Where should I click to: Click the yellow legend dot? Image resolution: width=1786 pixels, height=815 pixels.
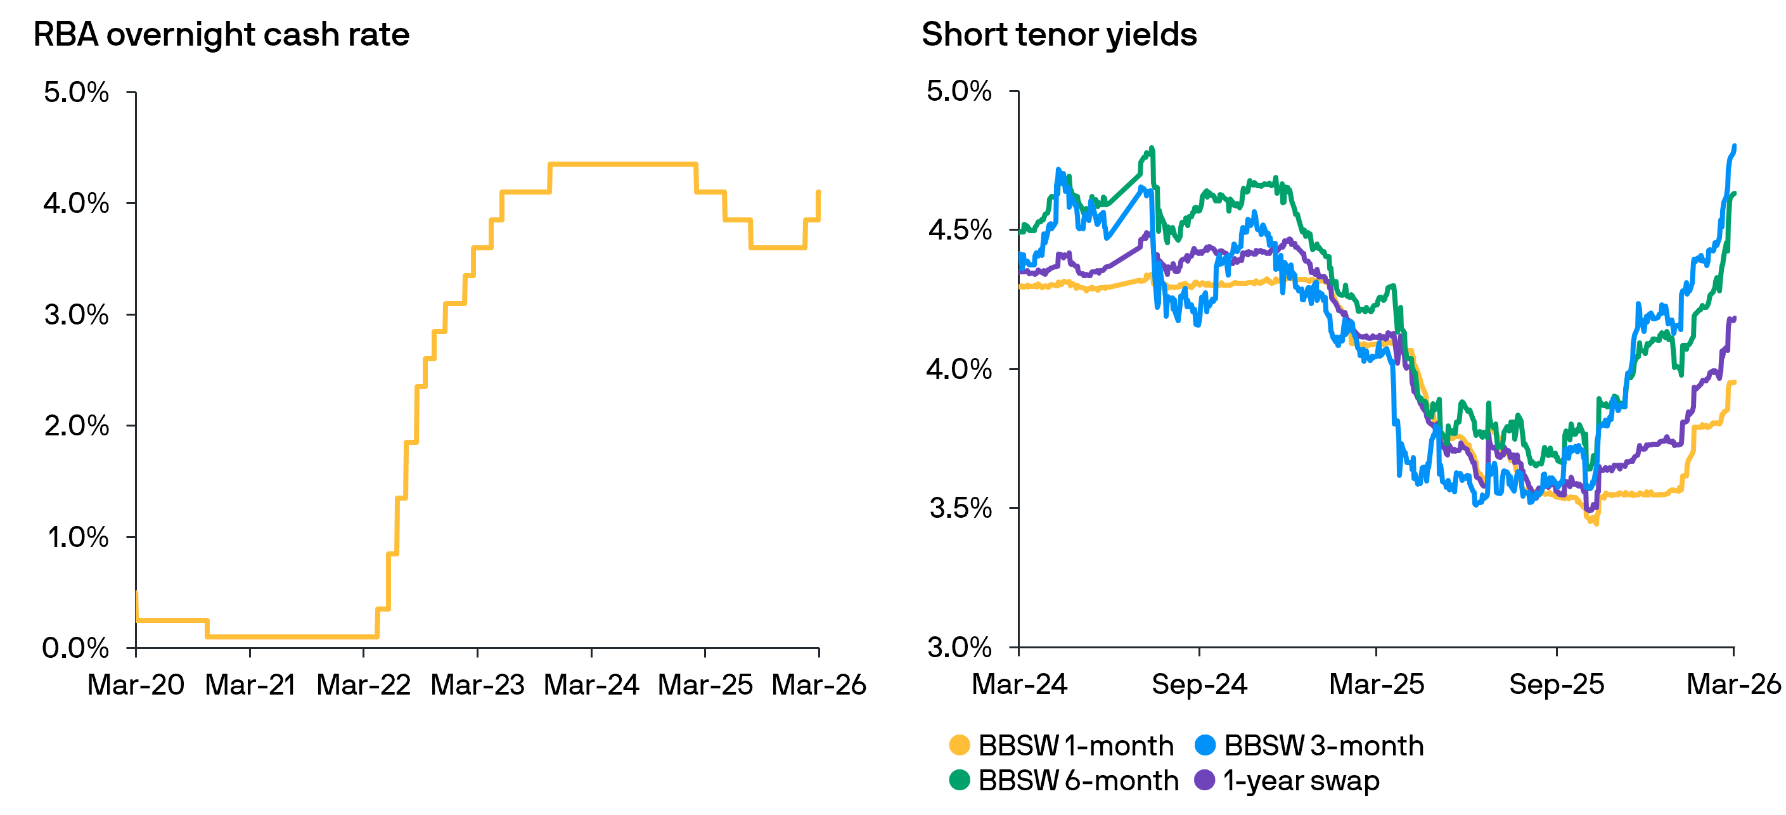960,745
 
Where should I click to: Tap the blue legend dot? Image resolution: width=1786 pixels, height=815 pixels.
1205,745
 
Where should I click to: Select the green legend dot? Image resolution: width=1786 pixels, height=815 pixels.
960,780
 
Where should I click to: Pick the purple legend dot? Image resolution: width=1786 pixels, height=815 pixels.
1205,780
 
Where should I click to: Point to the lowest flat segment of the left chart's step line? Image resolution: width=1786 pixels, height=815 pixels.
291,636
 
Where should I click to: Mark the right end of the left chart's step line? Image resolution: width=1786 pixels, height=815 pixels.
819,191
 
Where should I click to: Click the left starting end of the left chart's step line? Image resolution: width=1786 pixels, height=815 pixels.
137,593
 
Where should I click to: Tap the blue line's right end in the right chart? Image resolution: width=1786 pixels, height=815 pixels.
1735,146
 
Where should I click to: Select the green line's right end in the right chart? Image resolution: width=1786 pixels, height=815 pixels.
1735,193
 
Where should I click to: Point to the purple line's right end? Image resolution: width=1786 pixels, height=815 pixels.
1735,318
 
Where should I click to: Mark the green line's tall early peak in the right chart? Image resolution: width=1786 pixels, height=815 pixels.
1152,148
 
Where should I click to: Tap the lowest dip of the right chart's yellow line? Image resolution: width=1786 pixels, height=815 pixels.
1596,524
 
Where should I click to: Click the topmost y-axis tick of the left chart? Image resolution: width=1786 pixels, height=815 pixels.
131,92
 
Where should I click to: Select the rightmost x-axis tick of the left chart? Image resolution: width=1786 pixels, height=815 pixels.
819,652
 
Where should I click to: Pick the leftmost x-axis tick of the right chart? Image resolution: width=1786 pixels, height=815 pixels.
1018,652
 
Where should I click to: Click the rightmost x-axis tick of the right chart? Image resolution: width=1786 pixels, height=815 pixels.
1734,652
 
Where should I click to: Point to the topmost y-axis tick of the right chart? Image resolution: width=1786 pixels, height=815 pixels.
1013,91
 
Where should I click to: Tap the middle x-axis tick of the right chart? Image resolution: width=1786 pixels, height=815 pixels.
1376,652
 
